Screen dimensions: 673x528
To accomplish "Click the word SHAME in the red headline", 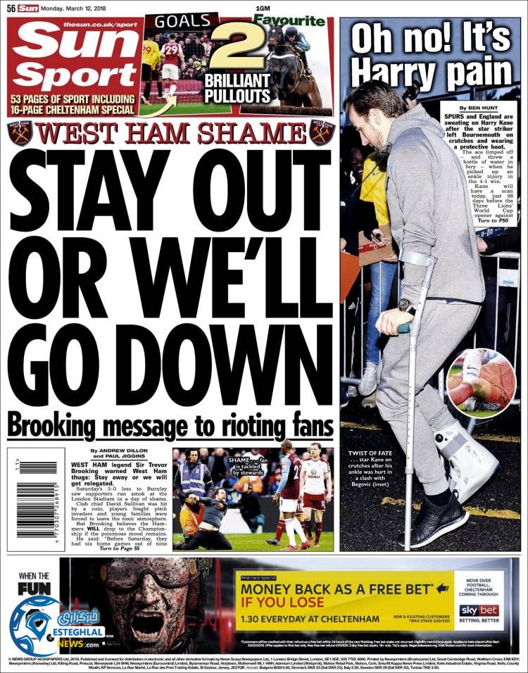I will pos(246,133).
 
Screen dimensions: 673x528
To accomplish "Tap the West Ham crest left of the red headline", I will pos(20,132).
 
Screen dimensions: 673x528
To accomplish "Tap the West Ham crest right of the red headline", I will pos(321,132).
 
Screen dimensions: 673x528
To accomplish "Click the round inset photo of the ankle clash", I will pos(480,380).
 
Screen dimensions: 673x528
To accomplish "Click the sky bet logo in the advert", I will pos(479,610).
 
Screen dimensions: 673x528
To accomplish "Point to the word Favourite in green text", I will pos(291,20).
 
